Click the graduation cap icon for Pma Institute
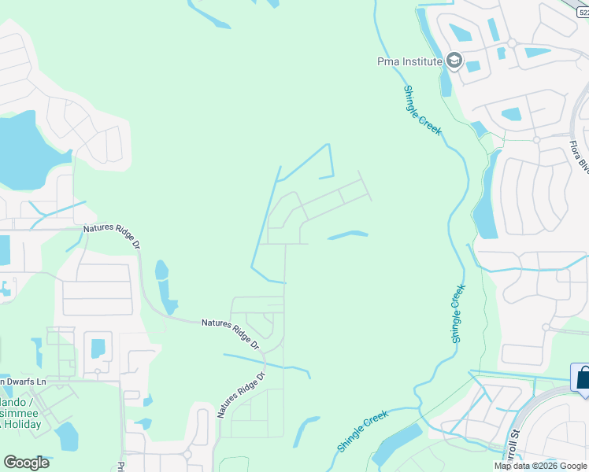click(x=454, y=60)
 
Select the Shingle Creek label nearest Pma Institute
click(x=423, y=110)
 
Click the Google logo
click(x=26, y=463)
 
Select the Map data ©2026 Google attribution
click(x=541, y=466)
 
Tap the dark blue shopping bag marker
click(x=583, y=377)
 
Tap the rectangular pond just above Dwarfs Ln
click(x=98, y=348)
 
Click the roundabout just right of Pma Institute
click(x=511, y=43)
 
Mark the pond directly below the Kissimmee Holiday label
click(x=66, y=437)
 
